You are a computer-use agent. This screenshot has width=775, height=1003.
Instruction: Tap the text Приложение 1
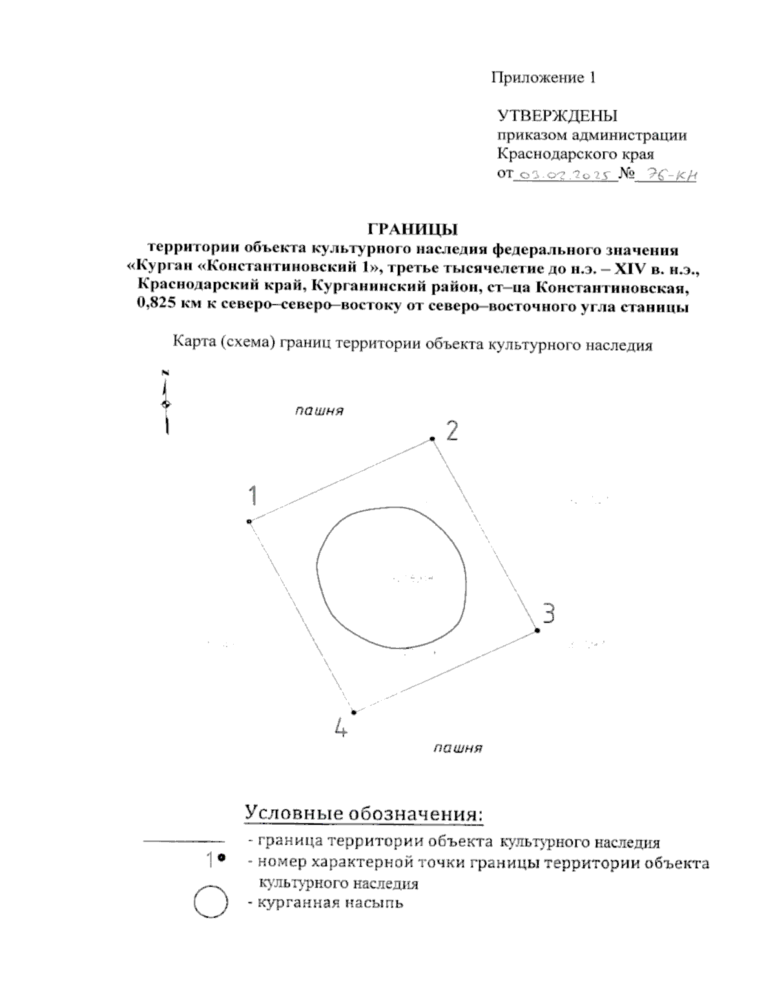click(x=542, y=78)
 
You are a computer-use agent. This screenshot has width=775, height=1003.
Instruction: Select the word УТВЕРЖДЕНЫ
click(x=557, y=116)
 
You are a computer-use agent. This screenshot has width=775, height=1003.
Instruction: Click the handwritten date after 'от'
click(x=565, y=175)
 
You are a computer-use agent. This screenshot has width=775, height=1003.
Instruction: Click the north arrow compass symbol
click(x=166, y=404)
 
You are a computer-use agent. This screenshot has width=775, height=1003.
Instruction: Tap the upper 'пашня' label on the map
click(x=319, y=411)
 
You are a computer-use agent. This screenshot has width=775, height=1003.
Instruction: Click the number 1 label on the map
click(x=253, y=496)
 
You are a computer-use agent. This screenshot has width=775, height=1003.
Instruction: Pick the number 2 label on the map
click(x=452, y=430)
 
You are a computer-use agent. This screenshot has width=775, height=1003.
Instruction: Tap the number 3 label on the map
click(x=548, y=613)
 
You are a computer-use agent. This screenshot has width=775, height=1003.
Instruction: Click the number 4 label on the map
click(x=342, y=729)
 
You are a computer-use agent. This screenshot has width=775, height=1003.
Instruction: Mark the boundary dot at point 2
click(x=432, y=439)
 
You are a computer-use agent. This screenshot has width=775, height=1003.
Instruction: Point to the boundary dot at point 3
click(x=537, y=630)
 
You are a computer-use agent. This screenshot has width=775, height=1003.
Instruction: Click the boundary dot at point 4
click(x=354, y=712)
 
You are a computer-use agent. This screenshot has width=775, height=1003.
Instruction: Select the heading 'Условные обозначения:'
click(x=364, y=813)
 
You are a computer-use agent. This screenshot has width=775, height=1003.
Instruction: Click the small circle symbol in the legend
click(x=211, y=902)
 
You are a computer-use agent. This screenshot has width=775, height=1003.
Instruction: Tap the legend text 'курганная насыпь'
click(x=330, y=902)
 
